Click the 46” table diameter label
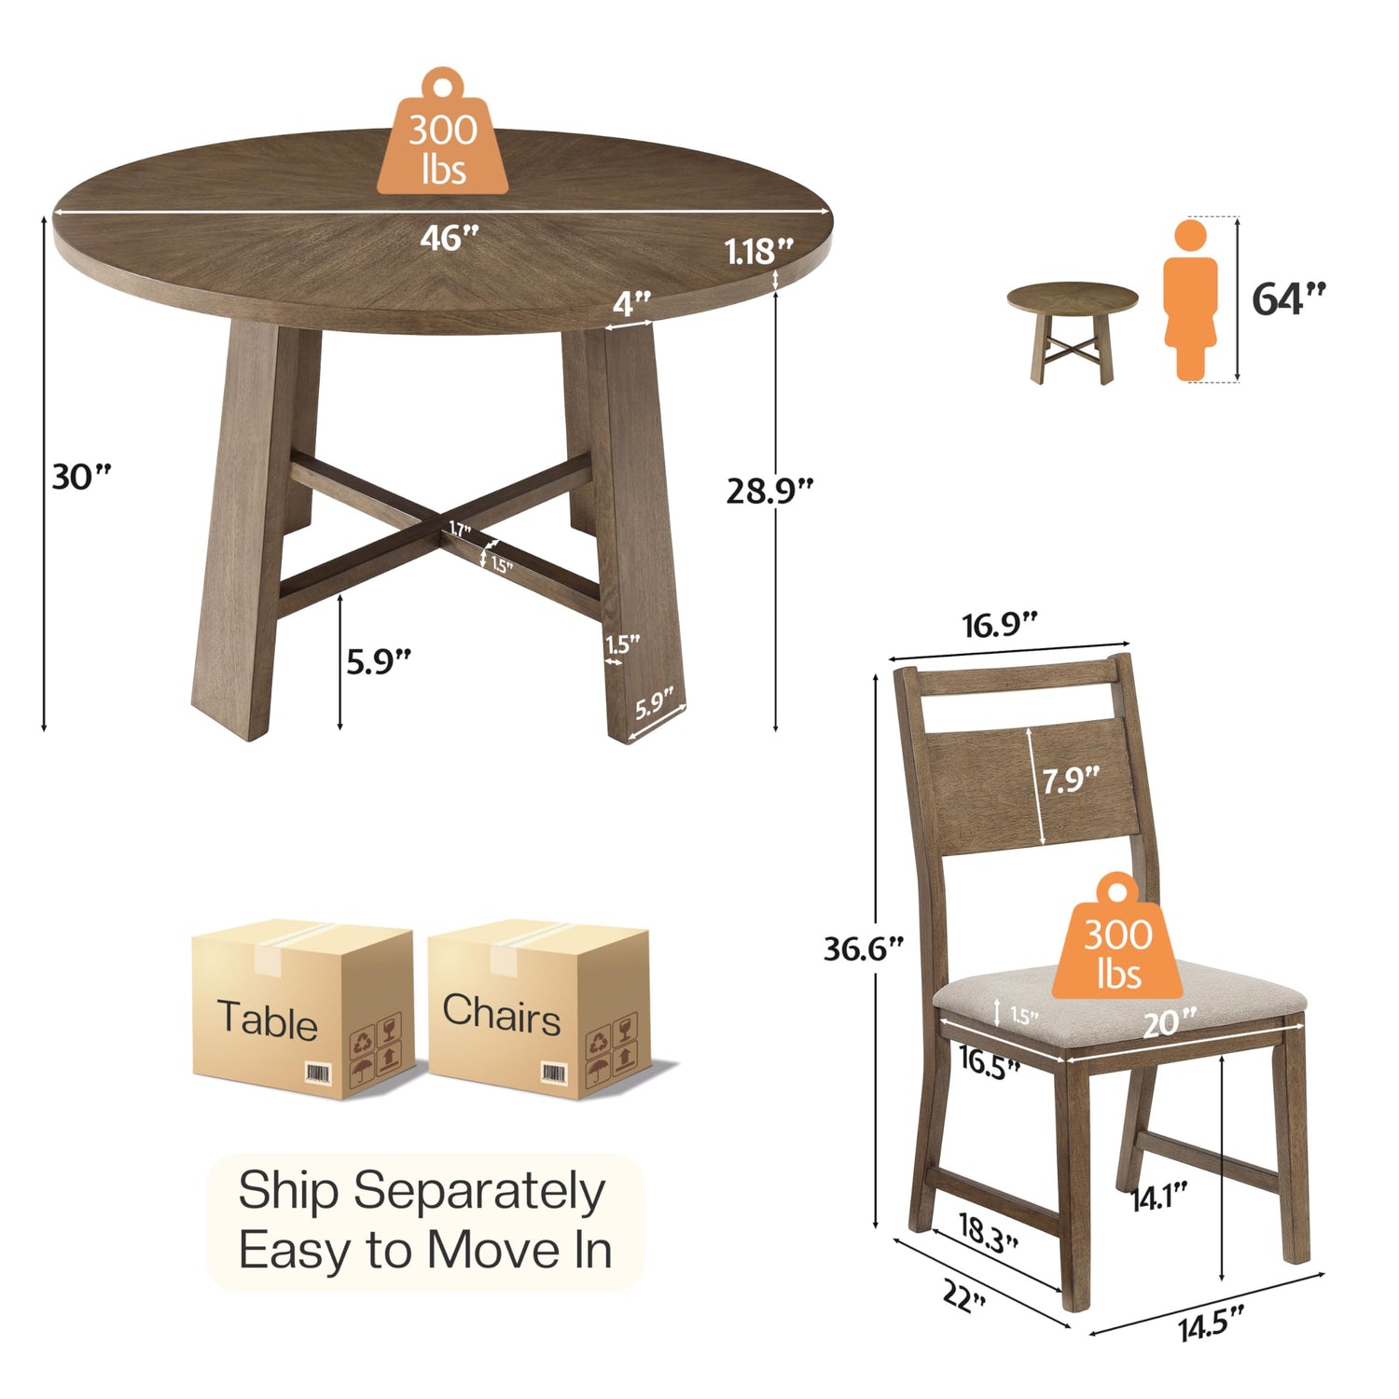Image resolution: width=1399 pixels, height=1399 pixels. coord(449,238)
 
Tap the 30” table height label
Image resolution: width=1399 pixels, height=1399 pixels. coord(81,477)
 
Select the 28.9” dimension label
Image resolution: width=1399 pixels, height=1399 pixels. coord(769,490)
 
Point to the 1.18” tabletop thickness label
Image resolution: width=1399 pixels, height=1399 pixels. coord(759,251)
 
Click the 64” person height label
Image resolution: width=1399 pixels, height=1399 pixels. coord(1288,298)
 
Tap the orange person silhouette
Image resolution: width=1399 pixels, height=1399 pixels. coord(1190,300)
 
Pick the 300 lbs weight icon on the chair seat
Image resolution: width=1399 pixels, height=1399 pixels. coord(1117,936)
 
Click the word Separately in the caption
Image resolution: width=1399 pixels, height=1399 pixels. coord(479,1193)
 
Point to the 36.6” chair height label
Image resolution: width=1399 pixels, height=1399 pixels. coord(864,949)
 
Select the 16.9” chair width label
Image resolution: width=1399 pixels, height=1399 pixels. coord(1000,624)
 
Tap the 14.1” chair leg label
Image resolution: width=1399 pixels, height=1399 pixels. coord(1159,1196)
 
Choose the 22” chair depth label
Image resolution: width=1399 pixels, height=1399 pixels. coord(964,1295)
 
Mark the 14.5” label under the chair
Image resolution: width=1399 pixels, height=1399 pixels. coord(1212,1323)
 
